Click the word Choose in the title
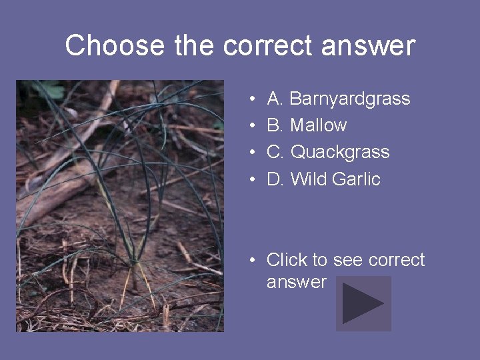(115, 46)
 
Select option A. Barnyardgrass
(338, 99)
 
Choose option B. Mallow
(307, 125)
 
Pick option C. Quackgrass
(328, 152)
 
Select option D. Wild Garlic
(323, 179)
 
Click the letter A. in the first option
(275, 99)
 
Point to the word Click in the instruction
(287, 259)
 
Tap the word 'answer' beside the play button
(297, 282)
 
